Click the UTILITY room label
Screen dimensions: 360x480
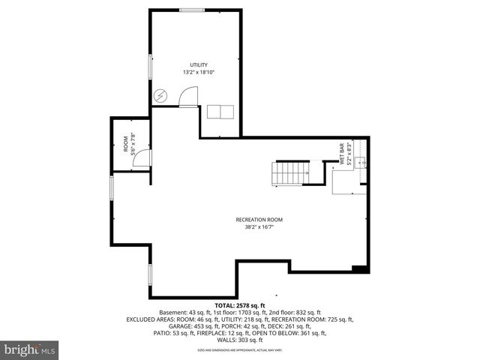(199, 65)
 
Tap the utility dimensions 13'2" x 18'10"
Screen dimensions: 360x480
(199, 73)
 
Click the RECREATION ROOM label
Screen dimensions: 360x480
(259, 220)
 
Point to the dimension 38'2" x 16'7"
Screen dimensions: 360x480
(259, 227)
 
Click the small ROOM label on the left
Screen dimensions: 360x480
(125, 143)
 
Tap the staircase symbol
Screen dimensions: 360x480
(289, 173)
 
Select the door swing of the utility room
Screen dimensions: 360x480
(189, 97)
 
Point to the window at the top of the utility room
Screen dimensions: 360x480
(192, 9)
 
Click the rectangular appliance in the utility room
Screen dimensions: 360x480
(220, 112)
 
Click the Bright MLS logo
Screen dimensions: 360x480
(30, 349)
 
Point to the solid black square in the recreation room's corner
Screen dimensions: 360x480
(358, 268)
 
